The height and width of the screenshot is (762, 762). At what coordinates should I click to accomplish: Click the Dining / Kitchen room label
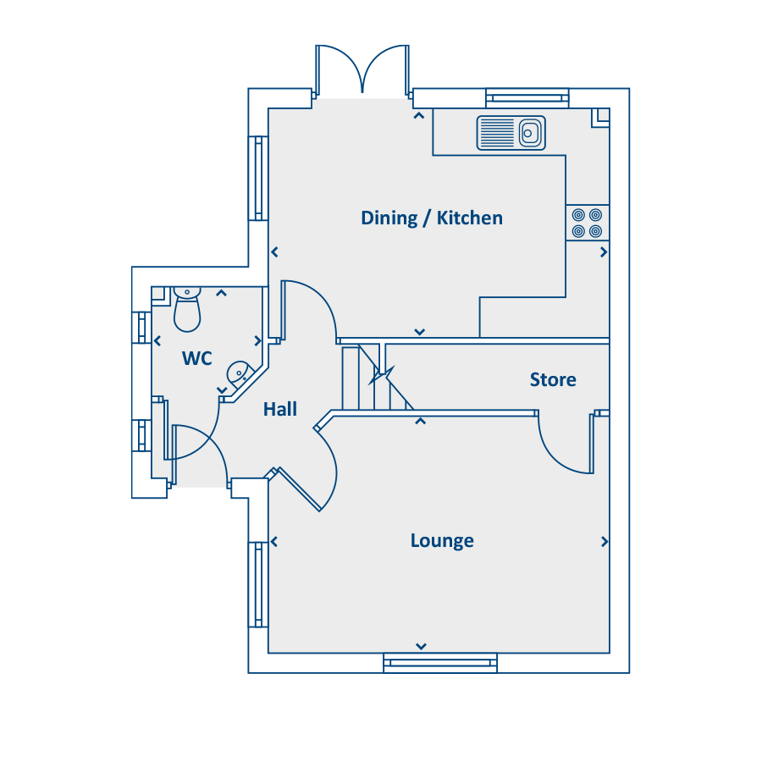point(432,218)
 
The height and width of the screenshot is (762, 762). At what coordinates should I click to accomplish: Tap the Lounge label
point(442,540)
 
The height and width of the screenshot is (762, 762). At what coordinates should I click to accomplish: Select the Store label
point(553,379)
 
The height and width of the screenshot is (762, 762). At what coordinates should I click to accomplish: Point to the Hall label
point(280,409)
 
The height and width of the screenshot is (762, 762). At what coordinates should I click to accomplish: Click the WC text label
point(196,359)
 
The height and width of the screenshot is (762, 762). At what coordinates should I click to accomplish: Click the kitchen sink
point(511,133)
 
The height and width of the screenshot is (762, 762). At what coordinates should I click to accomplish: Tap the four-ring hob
point(587,223)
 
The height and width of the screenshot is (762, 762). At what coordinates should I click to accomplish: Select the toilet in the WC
point(187,309)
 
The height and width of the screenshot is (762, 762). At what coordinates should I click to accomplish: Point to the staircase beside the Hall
point(377,378)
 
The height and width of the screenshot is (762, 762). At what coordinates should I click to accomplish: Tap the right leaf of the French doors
point(386,68)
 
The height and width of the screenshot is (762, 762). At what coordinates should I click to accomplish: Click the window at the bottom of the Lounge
point(440,663)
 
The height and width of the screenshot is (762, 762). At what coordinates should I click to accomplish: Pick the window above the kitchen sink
point(527,98)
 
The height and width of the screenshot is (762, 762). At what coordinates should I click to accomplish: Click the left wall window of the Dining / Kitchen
point(258,179)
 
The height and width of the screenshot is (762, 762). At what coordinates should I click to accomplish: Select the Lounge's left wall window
point(258,584)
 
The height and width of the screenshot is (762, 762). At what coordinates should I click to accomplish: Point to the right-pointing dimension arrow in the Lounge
point(604,541)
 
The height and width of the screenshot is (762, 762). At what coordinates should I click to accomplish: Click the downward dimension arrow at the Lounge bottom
point(421,646)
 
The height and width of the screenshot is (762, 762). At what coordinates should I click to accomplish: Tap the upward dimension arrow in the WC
point(221,293)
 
